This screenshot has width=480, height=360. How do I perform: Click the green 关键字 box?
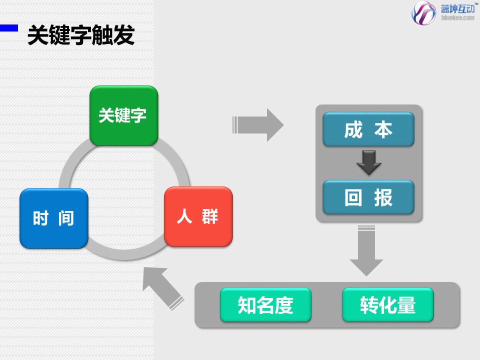pos(123,116)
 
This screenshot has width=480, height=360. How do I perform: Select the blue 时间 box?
pos(54,218)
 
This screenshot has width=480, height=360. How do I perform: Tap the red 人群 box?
pos(198,217)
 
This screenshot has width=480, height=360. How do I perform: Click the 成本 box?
pos(368,129)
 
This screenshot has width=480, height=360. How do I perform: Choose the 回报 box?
pos(368,197)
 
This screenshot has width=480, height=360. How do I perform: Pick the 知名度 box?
pos(265,305)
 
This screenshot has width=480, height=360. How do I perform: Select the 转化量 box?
pos(387,305)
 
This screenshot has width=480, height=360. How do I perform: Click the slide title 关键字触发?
pos(81,35)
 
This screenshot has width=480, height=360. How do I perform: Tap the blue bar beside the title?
pos(9,28)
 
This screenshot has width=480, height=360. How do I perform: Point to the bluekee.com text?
pos(457,18)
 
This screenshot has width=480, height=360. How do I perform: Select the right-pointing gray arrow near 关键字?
pos(258,124)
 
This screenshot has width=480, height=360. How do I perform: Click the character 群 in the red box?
pos(210,217)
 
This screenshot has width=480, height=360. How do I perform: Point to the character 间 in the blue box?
pos(65,218)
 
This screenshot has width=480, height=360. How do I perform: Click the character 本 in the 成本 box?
pos(383,129)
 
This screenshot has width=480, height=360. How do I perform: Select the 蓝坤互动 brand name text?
pos(457,8)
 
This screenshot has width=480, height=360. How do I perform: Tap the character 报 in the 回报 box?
pos(383,197)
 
